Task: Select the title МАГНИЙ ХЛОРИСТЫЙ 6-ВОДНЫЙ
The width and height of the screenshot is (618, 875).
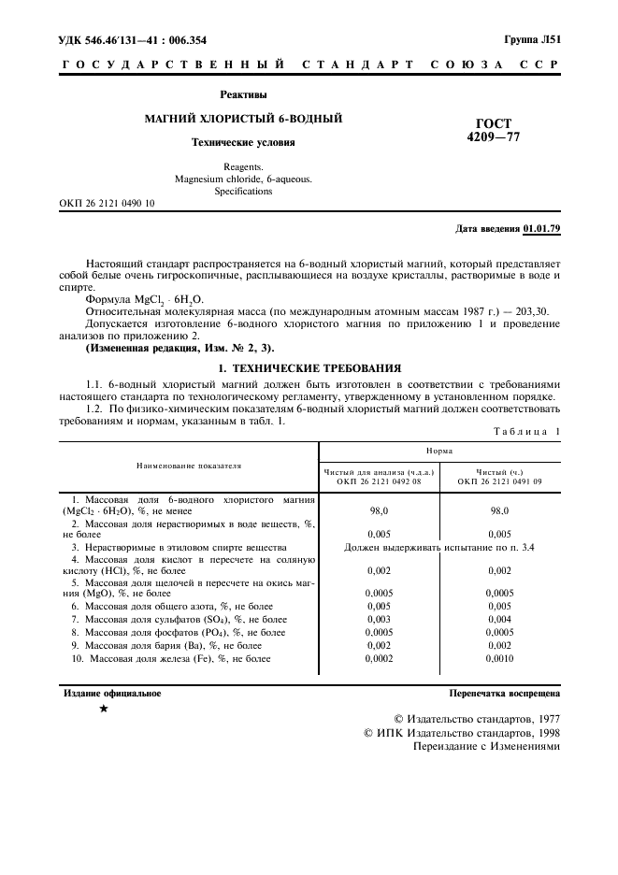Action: [x=242, y=119]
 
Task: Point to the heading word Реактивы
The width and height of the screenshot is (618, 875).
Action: [x=243, y=94]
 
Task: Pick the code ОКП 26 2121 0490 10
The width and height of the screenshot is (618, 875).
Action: [x=108, y=203]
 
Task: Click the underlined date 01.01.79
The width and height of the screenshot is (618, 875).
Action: [x=541, y=228]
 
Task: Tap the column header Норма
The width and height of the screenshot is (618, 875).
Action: [x=439, y=451]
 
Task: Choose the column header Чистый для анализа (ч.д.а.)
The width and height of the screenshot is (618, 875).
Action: [x=379, y=471]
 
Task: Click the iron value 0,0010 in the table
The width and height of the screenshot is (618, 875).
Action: [x=499, y=659]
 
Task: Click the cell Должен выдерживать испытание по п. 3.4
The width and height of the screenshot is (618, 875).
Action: [x=439, y=547]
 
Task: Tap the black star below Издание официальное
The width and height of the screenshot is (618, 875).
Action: [x=104, y=710]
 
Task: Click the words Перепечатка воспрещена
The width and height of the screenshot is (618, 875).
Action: [x=504, y=694]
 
